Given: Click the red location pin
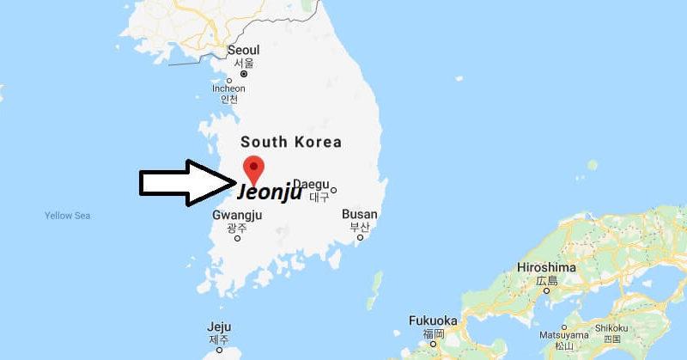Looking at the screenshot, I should (253, 167).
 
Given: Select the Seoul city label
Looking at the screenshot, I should (244, 50).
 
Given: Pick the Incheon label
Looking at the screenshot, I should (229, 88).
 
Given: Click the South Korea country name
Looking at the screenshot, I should (291, 142).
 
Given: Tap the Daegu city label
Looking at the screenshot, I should (311, 183).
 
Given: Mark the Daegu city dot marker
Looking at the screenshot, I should (334, 190).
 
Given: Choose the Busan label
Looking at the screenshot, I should (359, 213).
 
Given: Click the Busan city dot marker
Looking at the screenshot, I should (360, 237).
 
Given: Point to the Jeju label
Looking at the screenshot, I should (219, 326).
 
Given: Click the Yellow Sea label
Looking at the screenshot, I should (67, 216).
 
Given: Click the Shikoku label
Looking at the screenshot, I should (613, 327).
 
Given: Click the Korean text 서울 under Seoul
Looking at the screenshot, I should (244, 64).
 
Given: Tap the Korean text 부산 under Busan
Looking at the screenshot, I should (359, 227).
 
